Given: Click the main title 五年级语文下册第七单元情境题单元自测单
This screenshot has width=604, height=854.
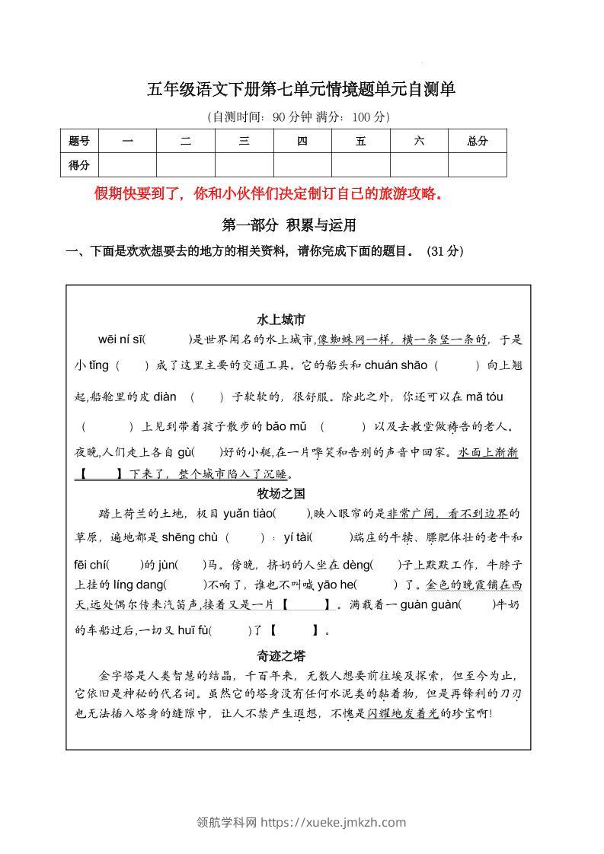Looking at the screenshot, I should tap(302, 90).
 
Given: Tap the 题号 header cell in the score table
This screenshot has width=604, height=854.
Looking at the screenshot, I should tap(79, 141).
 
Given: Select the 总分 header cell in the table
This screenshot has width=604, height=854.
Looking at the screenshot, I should tap(478, 141).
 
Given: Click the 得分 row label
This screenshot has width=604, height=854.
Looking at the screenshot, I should tap(79, 165).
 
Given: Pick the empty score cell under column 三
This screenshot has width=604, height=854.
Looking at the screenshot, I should tap(244, 165).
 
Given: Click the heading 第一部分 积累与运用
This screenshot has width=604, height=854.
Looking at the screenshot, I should tap(289, 225).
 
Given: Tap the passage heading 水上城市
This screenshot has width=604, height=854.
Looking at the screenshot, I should tap(281, 320).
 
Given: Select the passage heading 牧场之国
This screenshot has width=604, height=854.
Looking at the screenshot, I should tap(281, 494).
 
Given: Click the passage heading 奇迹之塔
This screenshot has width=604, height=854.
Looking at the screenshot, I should tap(281, 655).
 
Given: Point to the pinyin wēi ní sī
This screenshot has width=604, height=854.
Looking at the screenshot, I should tap(121, 339).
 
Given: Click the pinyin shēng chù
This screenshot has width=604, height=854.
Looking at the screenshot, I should tap(190, 538).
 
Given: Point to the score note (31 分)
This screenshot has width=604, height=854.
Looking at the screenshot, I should tap(446, 251).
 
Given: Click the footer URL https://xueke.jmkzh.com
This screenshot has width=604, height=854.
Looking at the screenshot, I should tap(334, 822).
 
